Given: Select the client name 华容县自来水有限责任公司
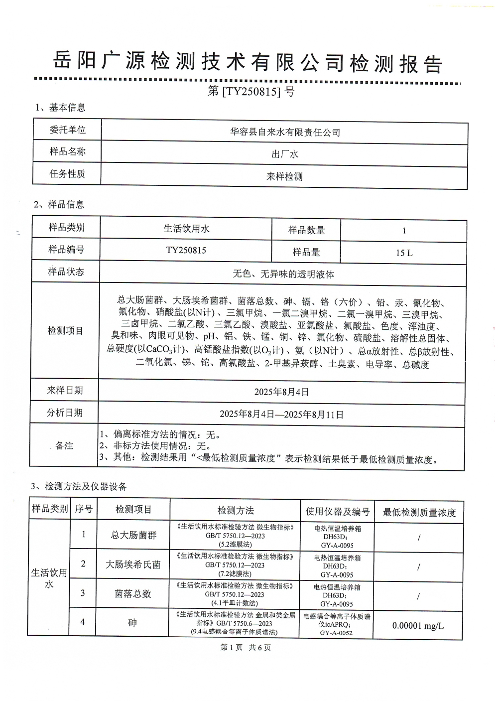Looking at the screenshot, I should [x=285, y=132].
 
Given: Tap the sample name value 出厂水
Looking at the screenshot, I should [x=285, y=154].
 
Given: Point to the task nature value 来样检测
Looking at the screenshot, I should [x=285, y=176].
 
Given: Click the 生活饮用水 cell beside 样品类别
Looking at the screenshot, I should [x=186, y=229].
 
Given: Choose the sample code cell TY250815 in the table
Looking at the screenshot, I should [x=186, y=251].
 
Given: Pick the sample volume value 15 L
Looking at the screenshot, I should [x=404, y=253].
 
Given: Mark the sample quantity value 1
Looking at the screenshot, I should [x=404, y=231].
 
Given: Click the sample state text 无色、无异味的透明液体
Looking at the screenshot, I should [x=283, y=274].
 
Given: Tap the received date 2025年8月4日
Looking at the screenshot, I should [x=281, y=392].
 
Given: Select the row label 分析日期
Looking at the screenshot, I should [x=65, y=413].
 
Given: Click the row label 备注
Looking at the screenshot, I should [x=65, y=445].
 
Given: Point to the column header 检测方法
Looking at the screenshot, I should [x=236, y=510].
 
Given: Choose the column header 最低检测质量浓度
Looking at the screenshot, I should [x=419, y=512].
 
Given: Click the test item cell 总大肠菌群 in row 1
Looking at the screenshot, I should [x=133, y=535].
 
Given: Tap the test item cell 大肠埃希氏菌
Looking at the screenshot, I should [x=133, y=564].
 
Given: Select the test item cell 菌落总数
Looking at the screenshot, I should [x=133, y=594].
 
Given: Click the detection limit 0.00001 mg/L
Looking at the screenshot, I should [x=418, y=626].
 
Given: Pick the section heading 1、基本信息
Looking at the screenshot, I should [x=60, y=108].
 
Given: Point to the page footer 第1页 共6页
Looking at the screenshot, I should [x=246, y=647].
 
